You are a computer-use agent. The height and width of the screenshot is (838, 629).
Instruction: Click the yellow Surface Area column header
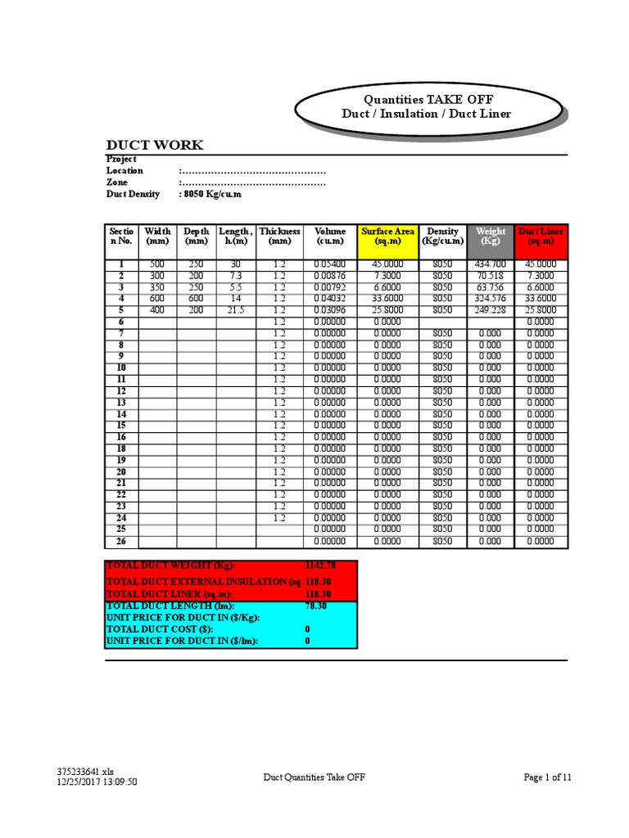tap(387, 237)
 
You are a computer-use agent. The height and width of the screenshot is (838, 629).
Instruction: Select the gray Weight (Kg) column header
tap(490, 237)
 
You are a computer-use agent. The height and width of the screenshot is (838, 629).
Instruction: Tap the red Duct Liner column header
tap(541, 237)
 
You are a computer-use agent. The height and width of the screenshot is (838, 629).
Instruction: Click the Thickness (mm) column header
tap(279, 237)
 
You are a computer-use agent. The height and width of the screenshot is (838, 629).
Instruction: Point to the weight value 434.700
tap(490, 264)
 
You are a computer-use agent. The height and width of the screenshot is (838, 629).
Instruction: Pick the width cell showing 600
tap(157, 299)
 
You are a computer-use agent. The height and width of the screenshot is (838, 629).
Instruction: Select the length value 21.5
tap(235, 310)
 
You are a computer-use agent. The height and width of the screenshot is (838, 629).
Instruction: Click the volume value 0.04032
tap(329, 299)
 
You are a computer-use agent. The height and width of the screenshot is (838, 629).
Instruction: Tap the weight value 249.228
tap(490, 310)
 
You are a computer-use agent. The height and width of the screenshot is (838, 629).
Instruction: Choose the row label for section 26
tap(121, 541)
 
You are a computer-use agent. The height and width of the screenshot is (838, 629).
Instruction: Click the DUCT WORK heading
tap(155, 146)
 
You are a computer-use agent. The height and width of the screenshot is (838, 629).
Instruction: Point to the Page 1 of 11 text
tap(547, 777)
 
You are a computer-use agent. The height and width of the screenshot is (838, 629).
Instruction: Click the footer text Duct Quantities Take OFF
tap(314, 777)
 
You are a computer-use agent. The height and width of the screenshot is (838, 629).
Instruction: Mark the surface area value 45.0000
tap(387, 264)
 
